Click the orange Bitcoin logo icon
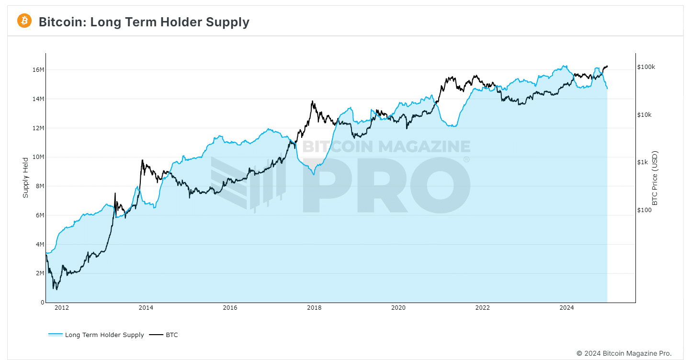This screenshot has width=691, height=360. (24, 21)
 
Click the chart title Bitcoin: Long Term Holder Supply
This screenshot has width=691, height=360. (144, 22)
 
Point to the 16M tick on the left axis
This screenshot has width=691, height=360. (38, 70)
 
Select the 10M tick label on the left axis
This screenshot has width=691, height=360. (38, 157)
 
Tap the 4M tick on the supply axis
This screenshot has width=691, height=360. (39, 244)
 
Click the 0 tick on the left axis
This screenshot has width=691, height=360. (42, 303)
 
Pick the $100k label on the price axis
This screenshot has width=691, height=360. (646, 67)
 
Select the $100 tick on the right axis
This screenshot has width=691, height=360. (644, 210)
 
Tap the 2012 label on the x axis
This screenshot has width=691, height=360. (62, 308)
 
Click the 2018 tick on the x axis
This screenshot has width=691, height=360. (314, 308)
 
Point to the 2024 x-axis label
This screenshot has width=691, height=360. (566, 308)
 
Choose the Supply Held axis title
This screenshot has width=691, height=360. (26, 178)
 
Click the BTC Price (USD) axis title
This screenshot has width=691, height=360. (655, 178)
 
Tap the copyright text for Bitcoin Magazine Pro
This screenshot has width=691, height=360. (623, 353)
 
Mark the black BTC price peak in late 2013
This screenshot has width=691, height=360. (142, 160)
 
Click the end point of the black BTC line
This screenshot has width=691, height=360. (607, 67)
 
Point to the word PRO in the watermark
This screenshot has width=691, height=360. (385, 186)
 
